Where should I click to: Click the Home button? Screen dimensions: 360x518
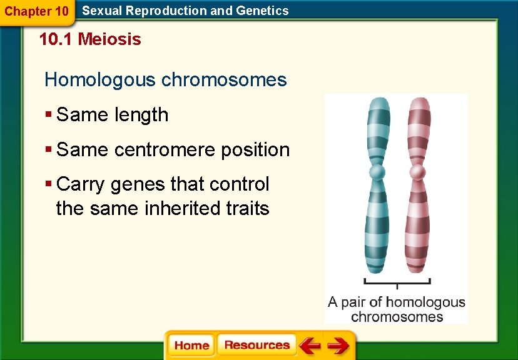point(191,346)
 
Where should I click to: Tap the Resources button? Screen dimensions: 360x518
point(256,346)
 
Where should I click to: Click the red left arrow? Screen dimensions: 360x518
point(309,346)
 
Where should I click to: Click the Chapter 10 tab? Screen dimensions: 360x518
point(36,11)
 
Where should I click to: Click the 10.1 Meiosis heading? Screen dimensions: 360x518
point(89,39)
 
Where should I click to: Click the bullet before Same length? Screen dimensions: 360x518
point(48,115)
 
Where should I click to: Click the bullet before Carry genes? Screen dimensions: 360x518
point(48,184)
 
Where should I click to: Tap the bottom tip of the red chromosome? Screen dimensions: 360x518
point(415,271)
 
